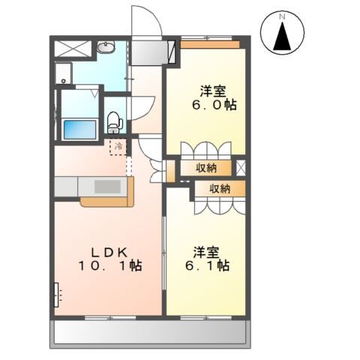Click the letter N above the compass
pyautogui.click(x=282, y=17)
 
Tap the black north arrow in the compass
pyautogui.click(x=282, y=36)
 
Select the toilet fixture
pyautogui.click(x=115, y=122)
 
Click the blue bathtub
pyautogui.click(x=80, y=130)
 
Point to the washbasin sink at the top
pyautogui.click(x=106, y=47)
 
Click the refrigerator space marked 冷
pyautogui.click(x=118, y=147)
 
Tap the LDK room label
pyautogui.click(x=110, y=253)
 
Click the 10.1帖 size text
pyautogui.click(x=110, y=265)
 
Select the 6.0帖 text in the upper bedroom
pyautogui.click(x=214, y=105)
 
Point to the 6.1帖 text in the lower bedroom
pyautogui.click(x=207, y=265)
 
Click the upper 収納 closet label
pyautogui.click(x=206, y=168)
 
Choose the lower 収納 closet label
pyautogui.click(x=220, y=189)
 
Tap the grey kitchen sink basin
pyautogui.click(x=107, y=187)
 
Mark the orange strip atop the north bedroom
pyautogui.click(x=210, y=44)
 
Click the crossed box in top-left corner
pyautogui.click(x=73, y=49)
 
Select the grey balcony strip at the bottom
pyautogui.click(x=150, y=332)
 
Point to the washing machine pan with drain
pyautogui.click(x=64, y=73)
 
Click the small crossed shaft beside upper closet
pyautogui.click(x=241, y=167)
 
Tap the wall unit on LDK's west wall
pyautogui.click(x=56, y=295)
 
